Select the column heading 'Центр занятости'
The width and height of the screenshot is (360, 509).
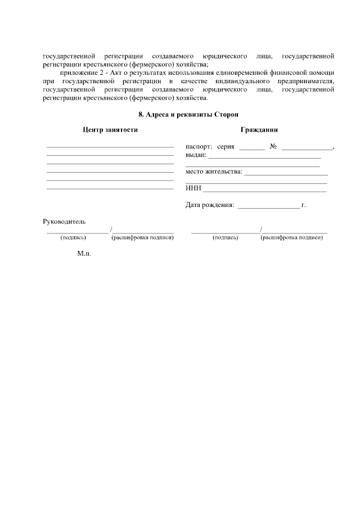click(x=110, y=130)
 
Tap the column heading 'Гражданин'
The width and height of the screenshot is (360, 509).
click(x=259, y=130)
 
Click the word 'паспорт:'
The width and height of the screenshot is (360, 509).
click(x=199, y=147)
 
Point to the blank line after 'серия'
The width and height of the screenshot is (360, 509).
click(x=251, y=149)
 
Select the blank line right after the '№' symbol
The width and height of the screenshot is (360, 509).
click(x=307, y=149)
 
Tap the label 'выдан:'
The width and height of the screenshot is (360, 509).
click(x=196, y=155)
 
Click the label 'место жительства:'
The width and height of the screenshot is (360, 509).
click(x=214, y=172)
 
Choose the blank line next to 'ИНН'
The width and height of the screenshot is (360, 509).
click(x=265, y=191)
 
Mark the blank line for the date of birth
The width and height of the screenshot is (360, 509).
click(x=269, y=208)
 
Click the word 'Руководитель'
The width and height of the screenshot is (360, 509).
click(x=64, y=222)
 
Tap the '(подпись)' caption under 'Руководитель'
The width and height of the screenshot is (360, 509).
click(x=73, y=238)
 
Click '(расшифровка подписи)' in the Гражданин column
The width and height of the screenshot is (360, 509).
click(x=291, y=238)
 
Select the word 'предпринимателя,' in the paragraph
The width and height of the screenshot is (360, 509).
click(x=305, y=82)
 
